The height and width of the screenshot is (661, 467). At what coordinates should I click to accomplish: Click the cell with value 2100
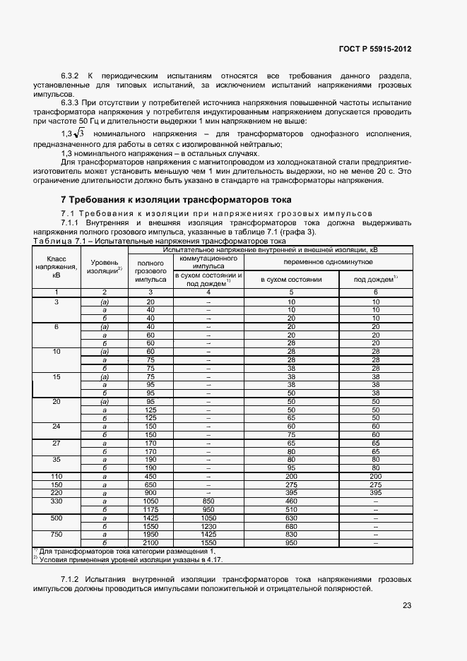pos(150,542)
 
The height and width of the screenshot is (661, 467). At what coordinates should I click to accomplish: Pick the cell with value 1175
pos(150,508)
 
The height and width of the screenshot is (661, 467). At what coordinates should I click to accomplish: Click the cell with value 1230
pos(208,525)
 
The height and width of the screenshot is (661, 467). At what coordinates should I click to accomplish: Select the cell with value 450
pos(150,476)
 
